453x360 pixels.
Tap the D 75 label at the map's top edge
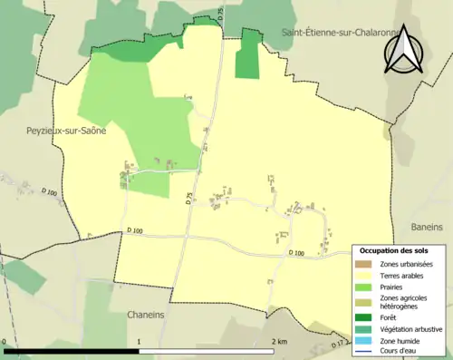219,11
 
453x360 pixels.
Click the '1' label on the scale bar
139,342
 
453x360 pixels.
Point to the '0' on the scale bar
5,342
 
